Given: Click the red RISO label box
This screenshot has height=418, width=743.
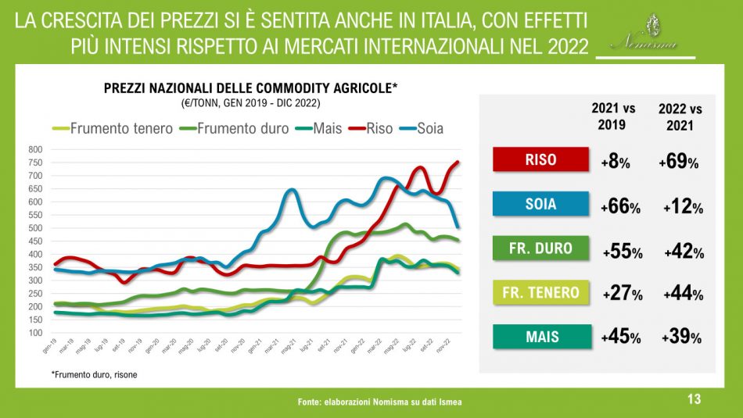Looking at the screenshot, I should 540,159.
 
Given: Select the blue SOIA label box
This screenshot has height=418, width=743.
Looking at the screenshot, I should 540,204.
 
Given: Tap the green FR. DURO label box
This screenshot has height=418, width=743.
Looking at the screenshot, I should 540,248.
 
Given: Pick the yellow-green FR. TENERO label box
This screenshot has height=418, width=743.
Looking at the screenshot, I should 540,293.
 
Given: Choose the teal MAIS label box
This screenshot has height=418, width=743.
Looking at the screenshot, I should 540,338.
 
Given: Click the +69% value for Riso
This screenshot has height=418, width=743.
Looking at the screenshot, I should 678,162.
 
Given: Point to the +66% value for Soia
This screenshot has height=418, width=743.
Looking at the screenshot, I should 621,207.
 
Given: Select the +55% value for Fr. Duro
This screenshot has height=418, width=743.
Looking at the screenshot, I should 623,252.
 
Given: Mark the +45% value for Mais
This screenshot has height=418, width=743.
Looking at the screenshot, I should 621,338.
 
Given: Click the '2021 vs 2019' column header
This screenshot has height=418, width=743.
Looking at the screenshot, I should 614,116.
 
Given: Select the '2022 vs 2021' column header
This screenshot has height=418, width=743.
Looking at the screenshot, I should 680,116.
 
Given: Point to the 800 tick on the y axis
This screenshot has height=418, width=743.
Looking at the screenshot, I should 34,149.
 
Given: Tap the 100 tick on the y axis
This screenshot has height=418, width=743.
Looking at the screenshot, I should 34,333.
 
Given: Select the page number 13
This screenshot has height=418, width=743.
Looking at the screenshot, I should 693,399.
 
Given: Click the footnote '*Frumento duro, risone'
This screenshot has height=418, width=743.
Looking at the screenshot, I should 95,375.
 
